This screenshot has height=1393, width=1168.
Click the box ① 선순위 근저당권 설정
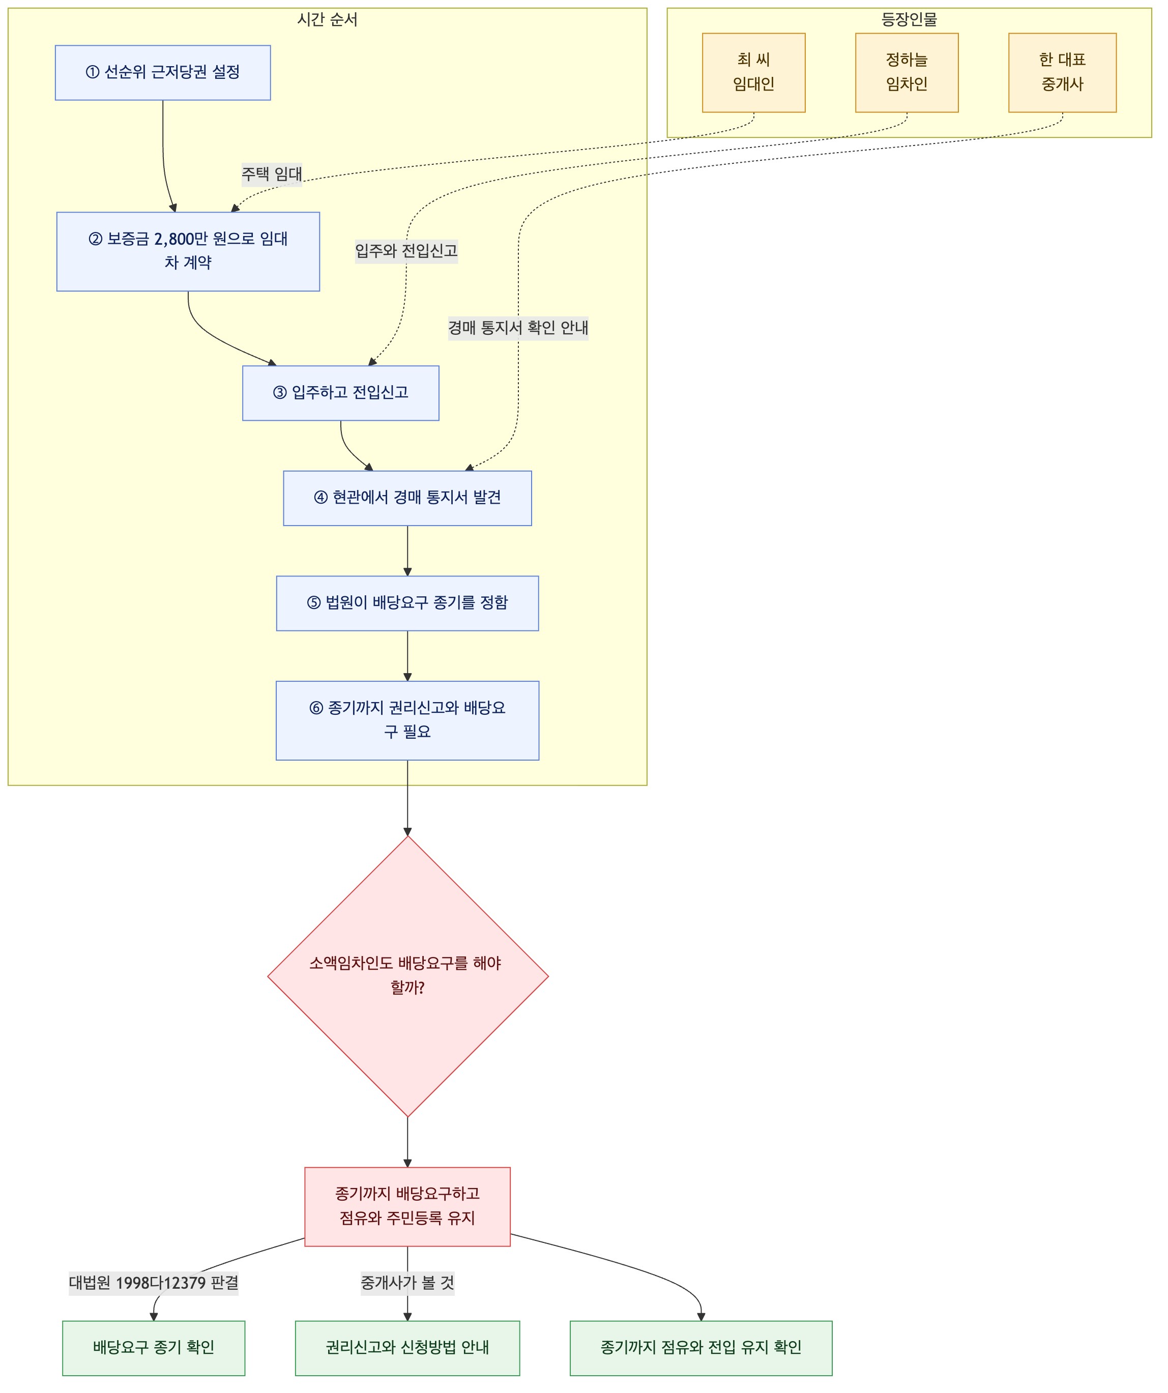click(x=162, y=73)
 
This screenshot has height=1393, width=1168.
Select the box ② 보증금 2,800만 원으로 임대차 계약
click(x=188, y=251)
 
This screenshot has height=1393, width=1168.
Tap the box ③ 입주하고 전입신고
click(x=341, y=393)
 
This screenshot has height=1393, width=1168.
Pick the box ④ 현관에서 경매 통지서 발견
click(x=407, y=498)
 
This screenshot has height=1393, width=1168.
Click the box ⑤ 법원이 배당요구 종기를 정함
click(x=407, y=603)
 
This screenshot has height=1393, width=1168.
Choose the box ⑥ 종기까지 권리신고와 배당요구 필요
click(x=407, y=720)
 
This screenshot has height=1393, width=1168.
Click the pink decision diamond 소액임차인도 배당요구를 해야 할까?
click(x=408, y=976)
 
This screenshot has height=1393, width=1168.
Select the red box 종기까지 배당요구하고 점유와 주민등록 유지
click(x=407, y=1207)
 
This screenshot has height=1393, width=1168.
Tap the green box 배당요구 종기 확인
click(x=154, y=1348)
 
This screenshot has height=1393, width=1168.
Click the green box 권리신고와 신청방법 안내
click(x=407, y=1348)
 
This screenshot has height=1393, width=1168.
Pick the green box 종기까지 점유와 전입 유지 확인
click(x=701, y=1348)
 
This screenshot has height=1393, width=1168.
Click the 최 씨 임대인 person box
click(x=753, y=73)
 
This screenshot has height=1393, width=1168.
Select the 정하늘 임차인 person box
click(x=907, y=73)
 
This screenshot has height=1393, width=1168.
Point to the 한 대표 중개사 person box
click(x=1063, y=73)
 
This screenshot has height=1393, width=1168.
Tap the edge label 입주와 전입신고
click(x=406, y=251)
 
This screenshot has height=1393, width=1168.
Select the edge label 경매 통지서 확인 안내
click(x=518, y=328)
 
